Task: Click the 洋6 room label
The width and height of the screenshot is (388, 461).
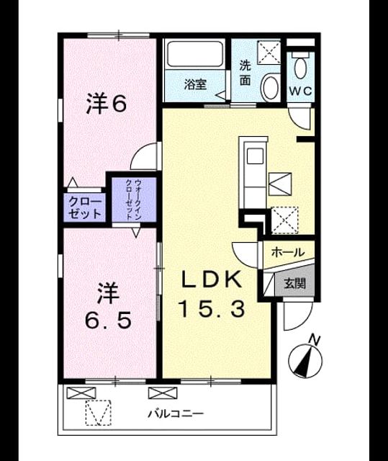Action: coord(107,104)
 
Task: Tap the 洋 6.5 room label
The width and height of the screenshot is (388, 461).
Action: coord(108,305)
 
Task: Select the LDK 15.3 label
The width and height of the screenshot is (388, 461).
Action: coord(212,294)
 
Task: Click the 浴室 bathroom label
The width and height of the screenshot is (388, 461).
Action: coord(195,85)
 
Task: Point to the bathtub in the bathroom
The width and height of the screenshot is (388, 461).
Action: coord(194,54)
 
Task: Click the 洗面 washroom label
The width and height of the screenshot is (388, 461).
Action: coord(245,73)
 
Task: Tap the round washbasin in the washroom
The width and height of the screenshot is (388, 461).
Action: coord(271,86)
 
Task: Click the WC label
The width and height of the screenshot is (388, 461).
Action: coord(300,91)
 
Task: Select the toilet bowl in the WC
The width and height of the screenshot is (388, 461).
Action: coord(300,67)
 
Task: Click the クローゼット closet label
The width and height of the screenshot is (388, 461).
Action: coord(85,207)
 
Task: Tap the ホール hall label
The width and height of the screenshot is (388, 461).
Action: coord(288,252)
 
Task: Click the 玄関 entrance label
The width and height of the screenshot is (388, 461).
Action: coord(295,283)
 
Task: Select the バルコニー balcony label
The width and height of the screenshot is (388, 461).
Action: coord(176,414)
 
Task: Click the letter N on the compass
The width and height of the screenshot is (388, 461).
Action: coord(315,340)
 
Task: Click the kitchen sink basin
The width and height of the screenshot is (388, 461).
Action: coord(255,156)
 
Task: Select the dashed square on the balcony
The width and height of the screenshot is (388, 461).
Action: coord(99,412)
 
